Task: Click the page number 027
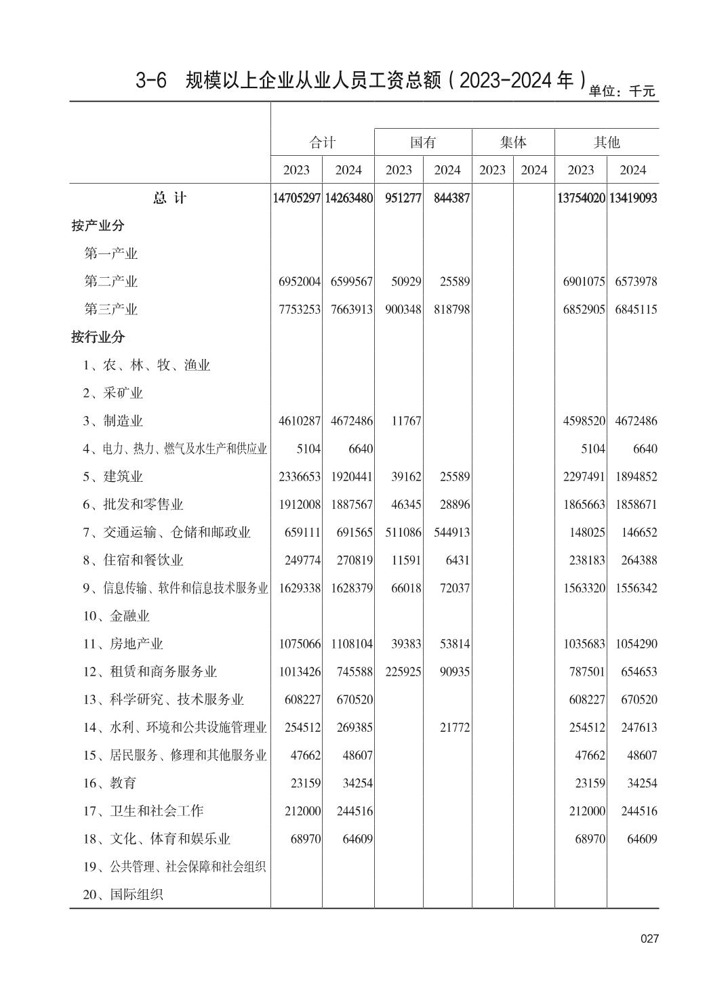click(x=649, y=939)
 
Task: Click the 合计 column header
click(x=322, y=142)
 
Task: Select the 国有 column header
click(x=423, y=142)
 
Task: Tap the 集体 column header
click(x=513, y=142)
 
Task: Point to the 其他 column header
click(x=607, y=142)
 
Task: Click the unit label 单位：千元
click(x=622, y=91)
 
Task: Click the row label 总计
click(x=169, y=198)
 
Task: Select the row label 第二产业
click(x=110, y=281)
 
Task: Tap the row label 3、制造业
click(x=113, y=421)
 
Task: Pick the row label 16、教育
click(x=110, y=783)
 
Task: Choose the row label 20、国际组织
click(x=123, y=894)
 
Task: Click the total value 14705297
click(x=297, y=198)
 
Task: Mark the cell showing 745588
click(x=352, y=672)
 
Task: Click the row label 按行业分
click(x=98, y=337)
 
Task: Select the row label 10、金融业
click(x=117, y=616)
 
